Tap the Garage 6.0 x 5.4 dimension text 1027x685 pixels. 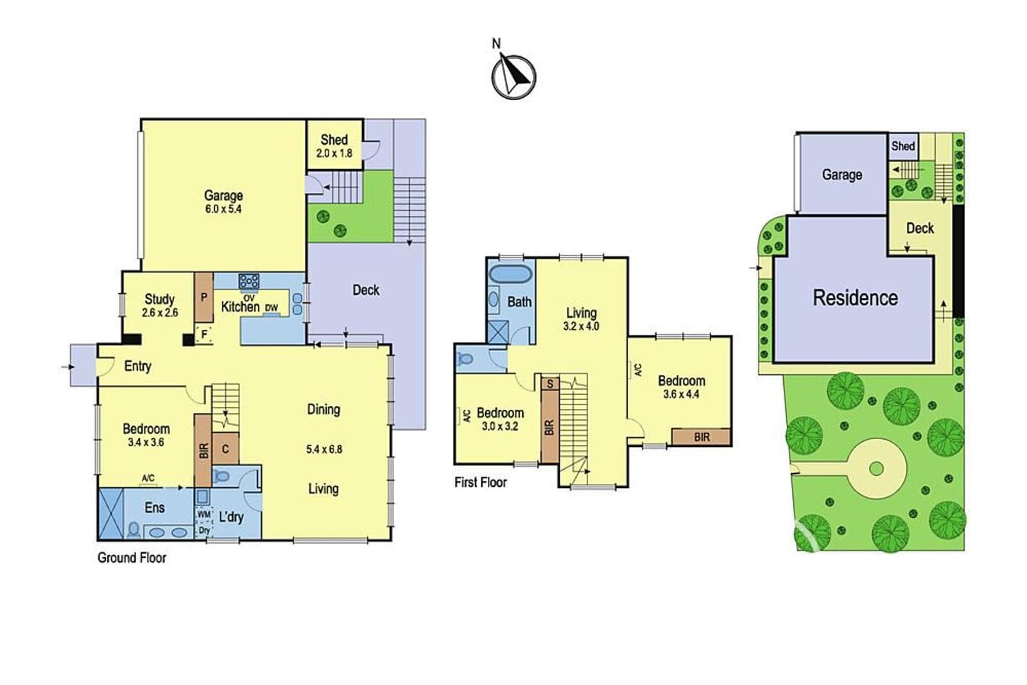(223, 209)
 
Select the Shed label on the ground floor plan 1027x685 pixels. (334, 139)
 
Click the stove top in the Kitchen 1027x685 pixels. (249, 281)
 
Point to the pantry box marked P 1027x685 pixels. (204, 298)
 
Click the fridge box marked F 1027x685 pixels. (204, 334)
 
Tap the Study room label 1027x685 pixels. (160, 299)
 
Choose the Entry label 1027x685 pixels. (137, 366)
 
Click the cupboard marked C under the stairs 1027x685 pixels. (225, 448)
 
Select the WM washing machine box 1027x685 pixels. (203, 514)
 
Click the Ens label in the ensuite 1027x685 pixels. (155, 508)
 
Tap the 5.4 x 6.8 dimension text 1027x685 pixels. (324, 449)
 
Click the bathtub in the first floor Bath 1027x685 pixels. (511, 274)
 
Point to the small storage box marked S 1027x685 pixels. (550, 383)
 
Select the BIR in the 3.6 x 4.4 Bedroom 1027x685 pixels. (701, 437)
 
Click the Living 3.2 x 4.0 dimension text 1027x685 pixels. (582, 327)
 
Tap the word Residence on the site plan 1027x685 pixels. (855, 298)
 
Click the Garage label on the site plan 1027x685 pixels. (841, 175)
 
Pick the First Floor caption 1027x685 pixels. (481, 482)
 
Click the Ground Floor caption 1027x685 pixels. (132, 557)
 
